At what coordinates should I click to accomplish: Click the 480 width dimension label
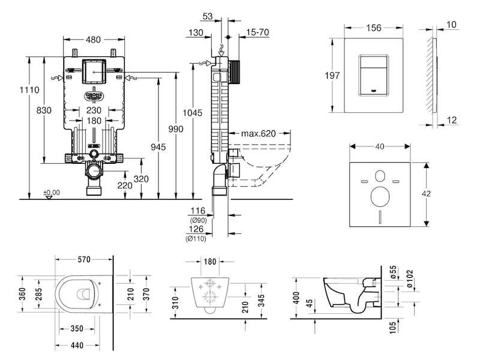point(94,40)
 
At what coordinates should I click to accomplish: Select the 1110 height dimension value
point(29,89)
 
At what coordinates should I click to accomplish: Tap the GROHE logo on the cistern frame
point(94,96)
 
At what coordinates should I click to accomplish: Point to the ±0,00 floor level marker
point(52,193)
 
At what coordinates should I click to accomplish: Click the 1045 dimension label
point(193,113)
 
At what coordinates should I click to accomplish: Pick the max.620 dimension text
point(259,133)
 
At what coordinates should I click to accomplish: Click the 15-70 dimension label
point(258,32)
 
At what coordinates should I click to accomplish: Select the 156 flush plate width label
point(374,28)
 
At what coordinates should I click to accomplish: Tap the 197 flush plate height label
point(332,76)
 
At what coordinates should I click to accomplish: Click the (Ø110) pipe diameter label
point(196,238)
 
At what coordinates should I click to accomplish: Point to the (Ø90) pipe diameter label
point(199,220)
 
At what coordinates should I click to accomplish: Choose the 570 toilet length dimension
point(84,260)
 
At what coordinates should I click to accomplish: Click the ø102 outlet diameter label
point(410,278)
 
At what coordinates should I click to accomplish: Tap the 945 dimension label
point(158,147)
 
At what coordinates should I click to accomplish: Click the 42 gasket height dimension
point(426,194)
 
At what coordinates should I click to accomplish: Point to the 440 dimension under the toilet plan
point(77,346)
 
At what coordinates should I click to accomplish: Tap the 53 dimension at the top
point(208,16)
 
